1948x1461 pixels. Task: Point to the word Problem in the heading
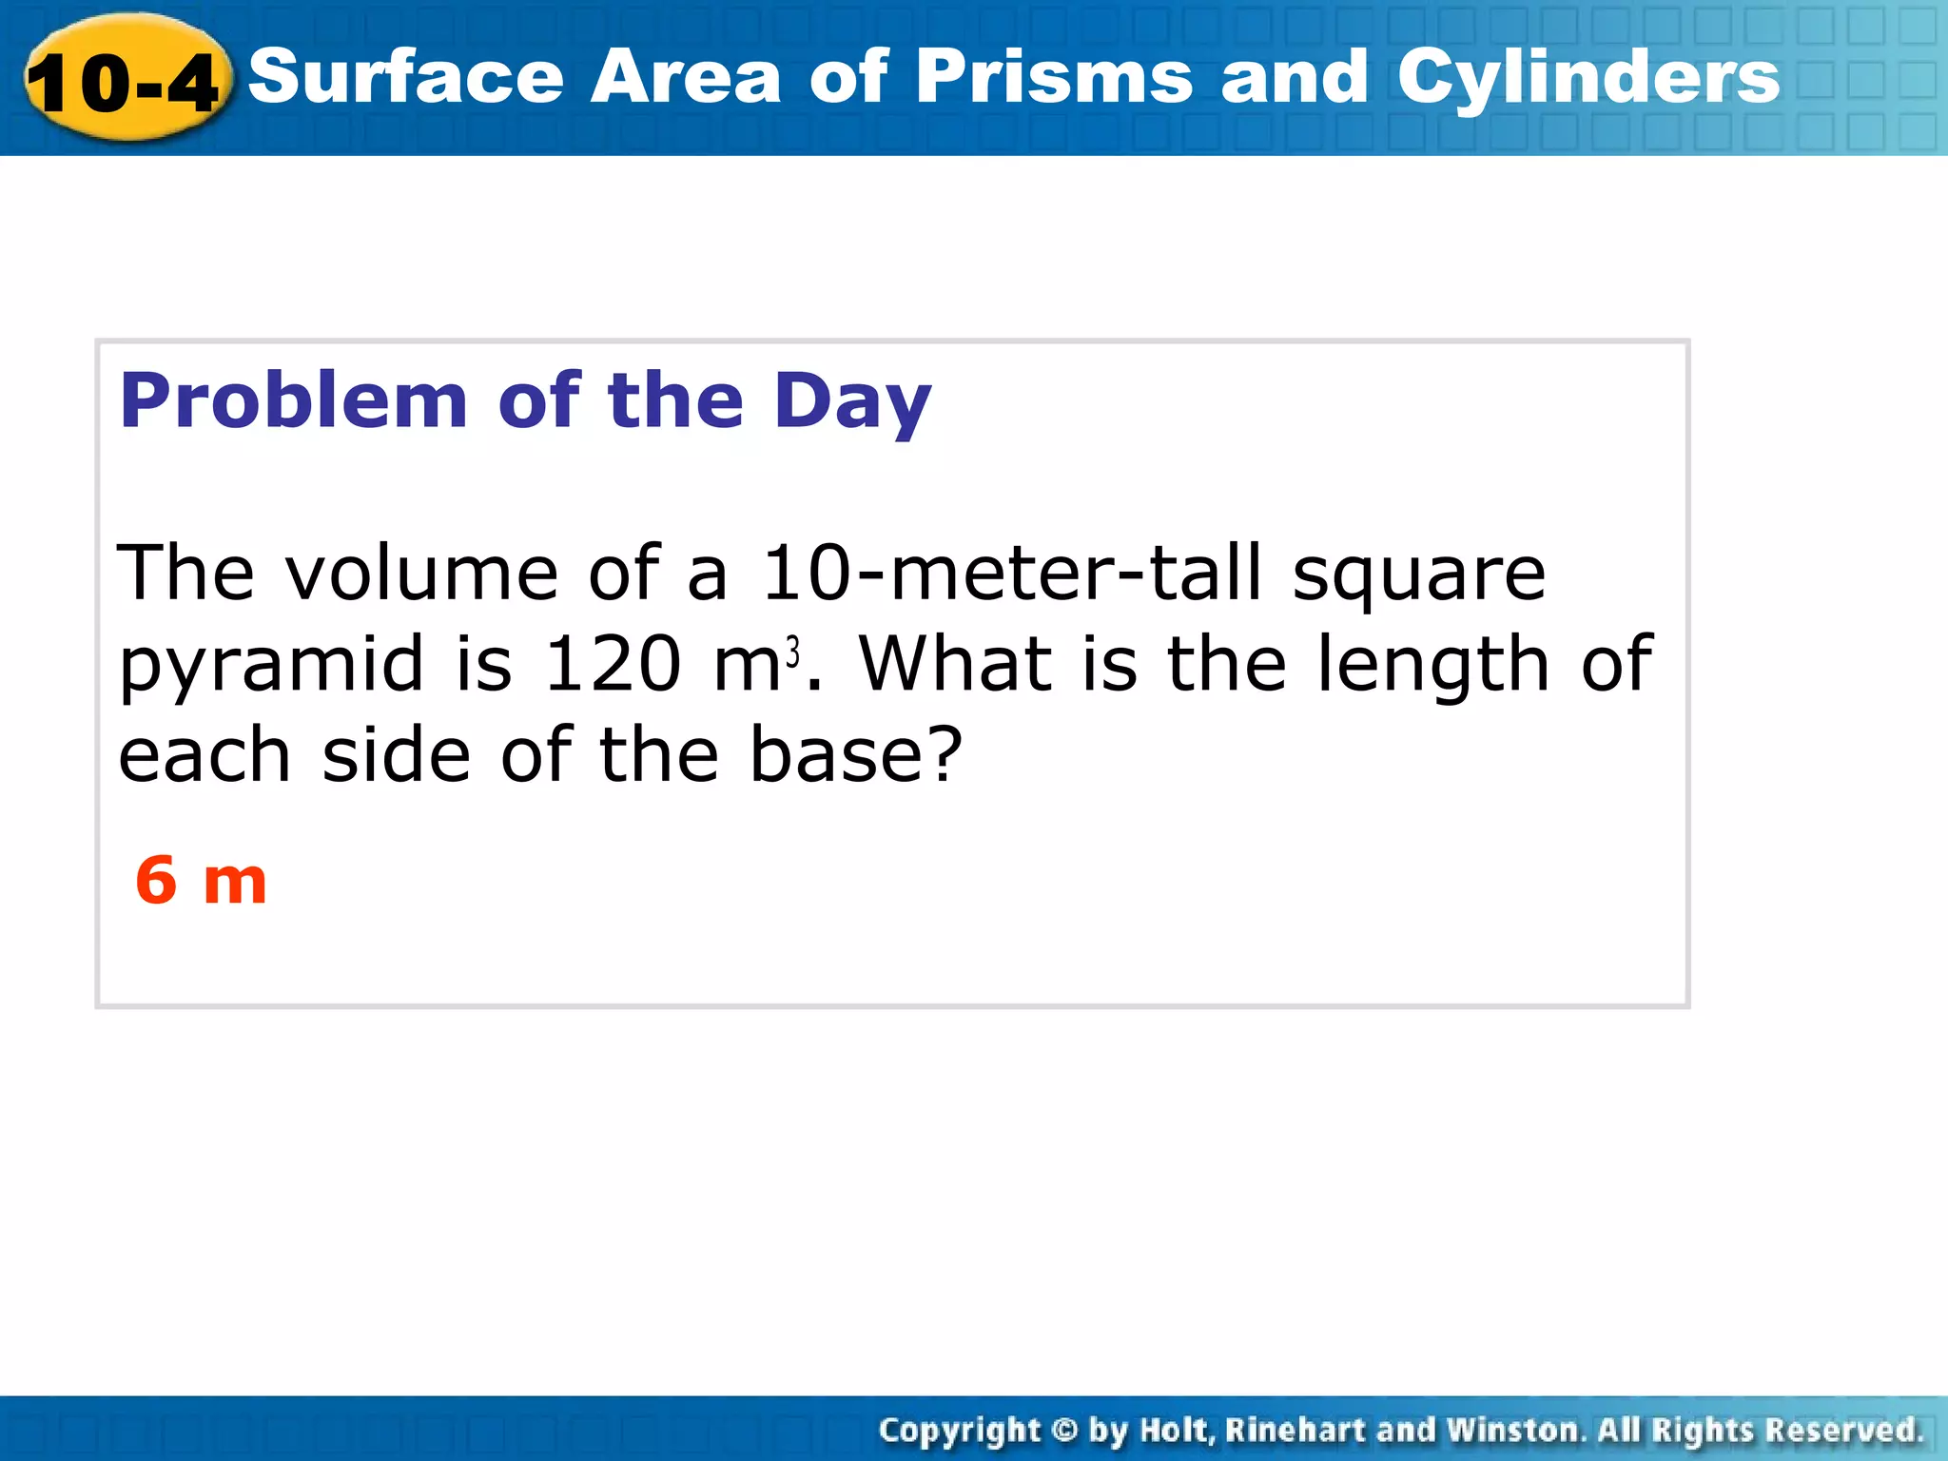click(x=294, y=400)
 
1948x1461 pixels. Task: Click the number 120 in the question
click(x=612, y=663)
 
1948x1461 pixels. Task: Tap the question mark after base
click(x=944, y=754)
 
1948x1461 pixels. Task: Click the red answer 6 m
click(x=201, y=880)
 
